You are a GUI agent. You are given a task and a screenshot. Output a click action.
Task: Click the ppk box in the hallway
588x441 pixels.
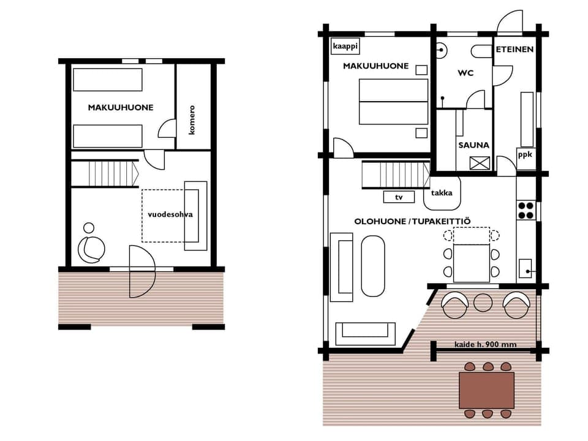point(526,155)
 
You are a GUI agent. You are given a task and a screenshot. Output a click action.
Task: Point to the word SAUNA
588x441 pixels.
point(473,145)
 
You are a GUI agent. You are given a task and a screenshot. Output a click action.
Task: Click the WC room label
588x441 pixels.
point(466,73)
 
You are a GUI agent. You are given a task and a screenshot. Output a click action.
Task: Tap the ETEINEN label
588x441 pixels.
point(514,49)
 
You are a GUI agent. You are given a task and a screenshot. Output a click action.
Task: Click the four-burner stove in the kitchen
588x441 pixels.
point(526,209)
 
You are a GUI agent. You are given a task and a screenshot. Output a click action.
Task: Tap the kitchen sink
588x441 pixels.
point(526,268)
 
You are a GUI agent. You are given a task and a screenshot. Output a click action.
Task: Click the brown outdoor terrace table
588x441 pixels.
point(487,390)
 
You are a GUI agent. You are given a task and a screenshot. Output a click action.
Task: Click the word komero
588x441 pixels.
point(192,120)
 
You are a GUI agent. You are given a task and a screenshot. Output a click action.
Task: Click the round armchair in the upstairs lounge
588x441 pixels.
point(91,247)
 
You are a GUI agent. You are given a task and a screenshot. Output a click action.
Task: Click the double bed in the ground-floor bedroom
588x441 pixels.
point(393,102)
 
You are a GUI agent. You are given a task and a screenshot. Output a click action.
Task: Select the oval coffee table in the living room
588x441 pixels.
point(374,266)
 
